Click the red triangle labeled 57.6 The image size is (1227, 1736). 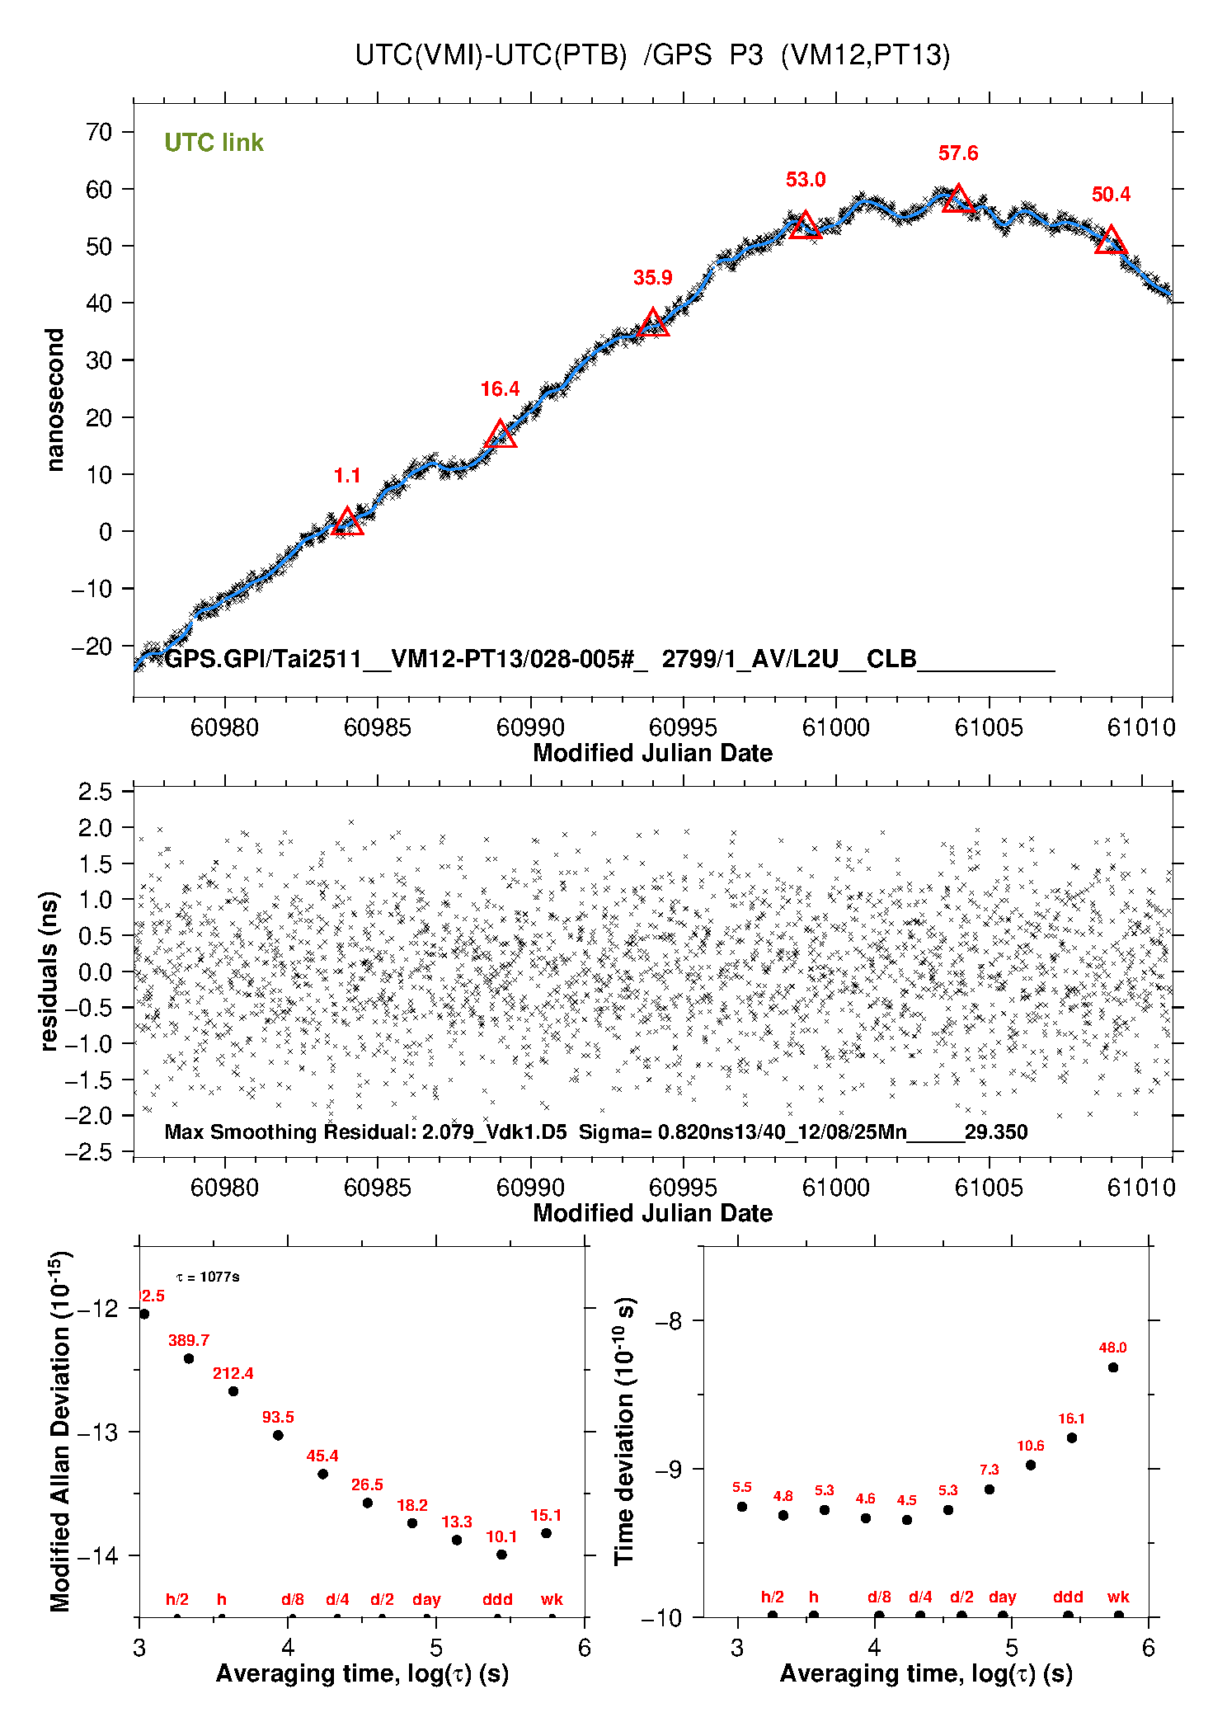click(957, 200)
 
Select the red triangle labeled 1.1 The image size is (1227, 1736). click(347, 522)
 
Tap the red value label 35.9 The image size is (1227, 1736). click(652, 278)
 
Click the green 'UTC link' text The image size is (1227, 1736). click(214, 143)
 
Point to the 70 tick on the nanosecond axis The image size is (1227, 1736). click(100, 132)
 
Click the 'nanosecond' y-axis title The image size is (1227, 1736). click(54, 400)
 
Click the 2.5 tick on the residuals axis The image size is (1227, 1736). click(95, 792)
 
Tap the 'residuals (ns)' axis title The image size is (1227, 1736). click(49, 971)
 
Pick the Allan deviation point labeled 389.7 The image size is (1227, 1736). click(189, 1358)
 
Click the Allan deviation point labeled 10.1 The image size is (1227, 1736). click(501, 1555)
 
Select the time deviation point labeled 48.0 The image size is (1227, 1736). click(1113, 1367)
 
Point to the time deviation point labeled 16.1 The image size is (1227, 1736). click(1072, 1437)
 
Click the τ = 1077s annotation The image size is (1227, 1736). click(208, 1277)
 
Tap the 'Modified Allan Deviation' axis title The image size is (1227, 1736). click(59, 1431)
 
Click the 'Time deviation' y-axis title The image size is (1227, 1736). click(624, 1431)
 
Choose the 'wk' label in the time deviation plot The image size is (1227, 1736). click(1118, 1597)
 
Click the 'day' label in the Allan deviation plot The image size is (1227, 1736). click(426, 1599)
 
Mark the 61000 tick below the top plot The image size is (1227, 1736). click(836, 727)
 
